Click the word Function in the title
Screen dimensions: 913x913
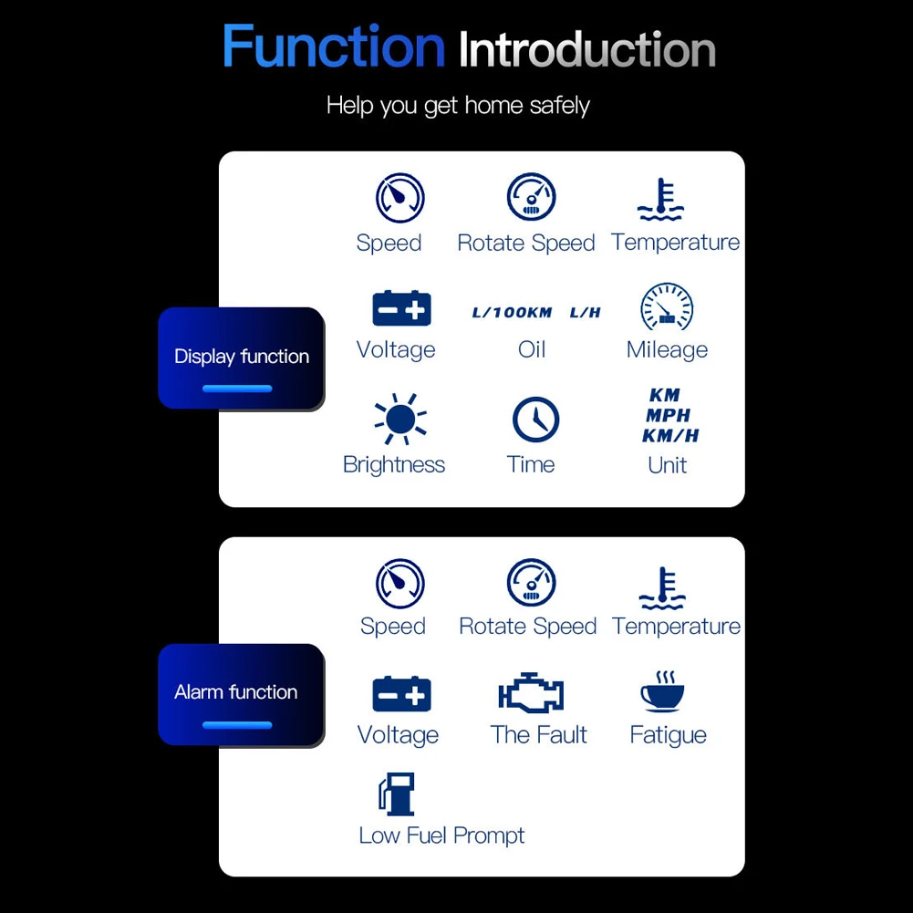pos(333,47)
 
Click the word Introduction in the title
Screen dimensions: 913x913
pos(586,49)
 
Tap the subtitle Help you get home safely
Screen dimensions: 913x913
pos(458,106)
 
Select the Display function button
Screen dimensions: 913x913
pos(242,358)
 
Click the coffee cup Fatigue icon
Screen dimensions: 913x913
pos(663,692)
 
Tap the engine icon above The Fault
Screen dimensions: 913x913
pos(531,694)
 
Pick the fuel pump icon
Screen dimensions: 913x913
pos(397,794)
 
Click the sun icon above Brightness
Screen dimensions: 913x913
pos(399,420)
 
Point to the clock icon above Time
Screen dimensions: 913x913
pos(535,420)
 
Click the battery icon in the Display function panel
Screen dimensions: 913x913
pos(401,309)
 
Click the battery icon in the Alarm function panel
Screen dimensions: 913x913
pos(401,694)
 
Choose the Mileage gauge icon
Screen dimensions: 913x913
pos(667,307)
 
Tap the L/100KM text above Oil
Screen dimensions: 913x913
pos(512,313)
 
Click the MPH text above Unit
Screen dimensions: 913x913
pos(669,416)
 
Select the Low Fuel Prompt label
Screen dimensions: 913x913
pos(441,835)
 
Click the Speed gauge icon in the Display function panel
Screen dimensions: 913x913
pos(400,197)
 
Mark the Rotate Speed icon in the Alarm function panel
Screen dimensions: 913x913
pos(531,583)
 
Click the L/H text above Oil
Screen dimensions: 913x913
pos(586,313)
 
